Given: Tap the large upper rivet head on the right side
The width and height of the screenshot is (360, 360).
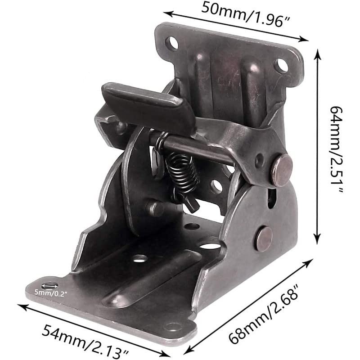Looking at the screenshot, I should pos(281,170).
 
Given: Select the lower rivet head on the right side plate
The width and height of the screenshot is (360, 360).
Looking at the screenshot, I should pos(264,239).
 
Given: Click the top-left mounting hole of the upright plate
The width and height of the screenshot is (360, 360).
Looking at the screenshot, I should pos(172,44).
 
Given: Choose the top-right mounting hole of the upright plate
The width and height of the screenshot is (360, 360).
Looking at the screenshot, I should pos(281,66).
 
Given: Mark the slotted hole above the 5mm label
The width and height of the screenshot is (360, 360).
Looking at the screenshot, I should pos(49,286).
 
